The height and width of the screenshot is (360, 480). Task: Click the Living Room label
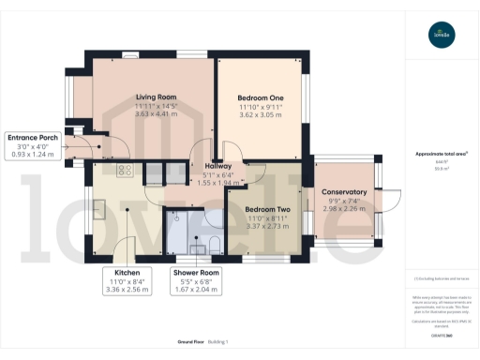coord(156,96)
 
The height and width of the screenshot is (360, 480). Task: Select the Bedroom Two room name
coord(265,210)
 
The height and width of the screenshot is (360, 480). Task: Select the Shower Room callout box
coord(195,281)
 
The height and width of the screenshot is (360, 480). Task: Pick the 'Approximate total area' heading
coord(441,154)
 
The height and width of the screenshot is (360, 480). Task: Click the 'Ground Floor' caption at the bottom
coord(190,343)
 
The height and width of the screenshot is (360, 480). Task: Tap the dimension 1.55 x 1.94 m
coord(218,183)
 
